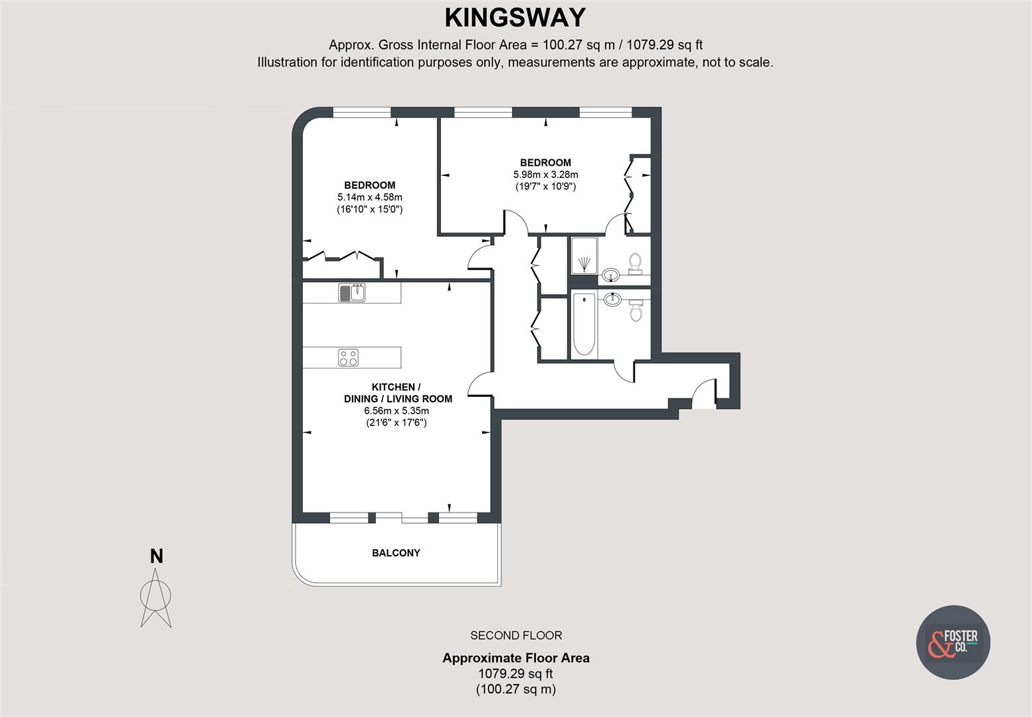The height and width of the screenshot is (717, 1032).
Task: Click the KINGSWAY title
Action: click(515, 19)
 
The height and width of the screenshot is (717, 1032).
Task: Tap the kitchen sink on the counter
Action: click(352, 292)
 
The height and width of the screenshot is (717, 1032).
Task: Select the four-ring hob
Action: click(348, 357)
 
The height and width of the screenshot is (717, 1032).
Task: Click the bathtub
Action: click(584, 324)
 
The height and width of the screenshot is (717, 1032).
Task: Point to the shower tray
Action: click(584, 255)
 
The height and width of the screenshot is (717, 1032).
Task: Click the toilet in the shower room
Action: click(636, 264)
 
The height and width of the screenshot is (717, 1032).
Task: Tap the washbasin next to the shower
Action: click(612, 276)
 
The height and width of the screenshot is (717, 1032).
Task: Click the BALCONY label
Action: click(396, 552)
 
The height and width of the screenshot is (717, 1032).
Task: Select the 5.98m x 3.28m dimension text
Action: click(545, 175)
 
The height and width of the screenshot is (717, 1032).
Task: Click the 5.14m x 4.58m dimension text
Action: click(369, 197)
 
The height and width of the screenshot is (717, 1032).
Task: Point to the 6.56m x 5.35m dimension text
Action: click(396, 411)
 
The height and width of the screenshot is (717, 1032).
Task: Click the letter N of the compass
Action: click(157, 556)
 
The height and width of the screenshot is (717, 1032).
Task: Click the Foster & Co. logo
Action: click(953, 643)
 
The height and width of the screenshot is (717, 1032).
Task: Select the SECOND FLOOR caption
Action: click(516, 635)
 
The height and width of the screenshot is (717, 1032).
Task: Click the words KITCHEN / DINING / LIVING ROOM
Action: click(398, 393)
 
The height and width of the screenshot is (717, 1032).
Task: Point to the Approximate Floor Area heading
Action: click(516, 658)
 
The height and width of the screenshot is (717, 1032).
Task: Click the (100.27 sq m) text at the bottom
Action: click(516, 689)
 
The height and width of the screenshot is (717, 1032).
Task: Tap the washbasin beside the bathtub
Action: click(612, 300)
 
